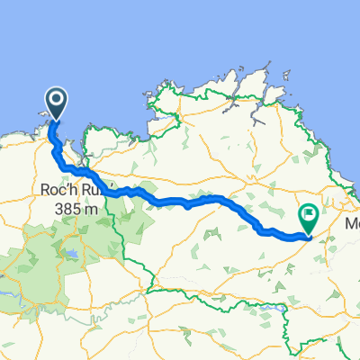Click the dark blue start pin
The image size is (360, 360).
56,103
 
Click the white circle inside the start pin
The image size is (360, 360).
56,99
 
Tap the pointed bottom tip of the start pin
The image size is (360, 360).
56,121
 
